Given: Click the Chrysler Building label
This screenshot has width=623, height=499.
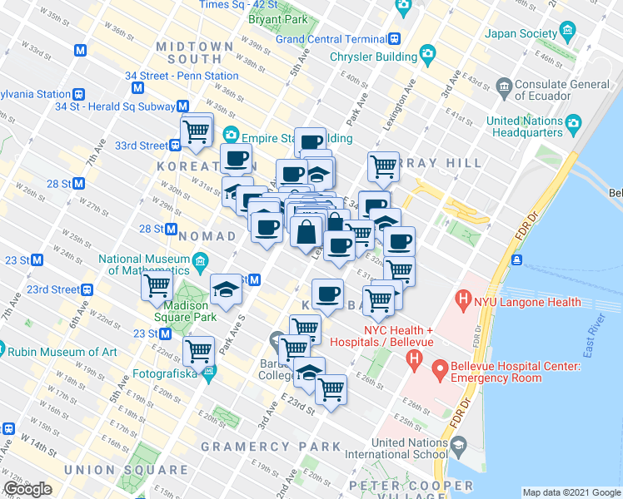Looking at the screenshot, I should point(373,57).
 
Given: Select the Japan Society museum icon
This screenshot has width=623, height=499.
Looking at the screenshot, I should point(569,33).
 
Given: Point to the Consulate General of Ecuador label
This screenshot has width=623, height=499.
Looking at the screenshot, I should point(562,90).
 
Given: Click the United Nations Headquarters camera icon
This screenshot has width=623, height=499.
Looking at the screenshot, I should point(573,126).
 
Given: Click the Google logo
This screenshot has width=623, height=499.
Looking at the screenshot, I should point(28,489).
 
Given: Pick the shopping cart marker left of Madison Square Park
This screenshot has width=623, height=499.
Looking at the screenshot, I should point(157,286).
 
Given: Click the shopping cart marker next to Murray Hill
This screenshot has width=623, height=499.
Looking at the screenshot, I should point(383,166).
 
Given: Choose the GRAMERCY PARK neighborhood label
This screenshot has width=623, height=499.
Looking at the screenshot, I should point(271,447).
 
